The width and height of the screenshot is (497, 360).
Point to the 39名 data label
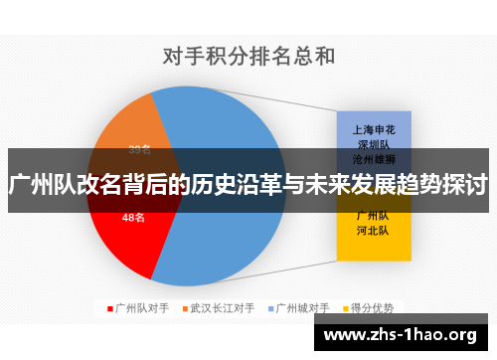pyautogui.click(x=140, y=150)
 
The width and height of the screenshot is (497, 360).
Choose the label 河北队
pyautogui.click(x=373, y=230)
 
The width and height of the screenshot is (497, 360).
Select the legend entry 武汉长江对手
pyautogui.click(x=222, y=307)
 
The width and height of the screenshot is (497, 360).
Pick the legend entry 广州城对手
pyautogui.click(x=302, y=307)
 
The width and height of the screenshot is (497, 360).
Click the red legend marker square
pyautogui.click(x=109, y=308)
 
